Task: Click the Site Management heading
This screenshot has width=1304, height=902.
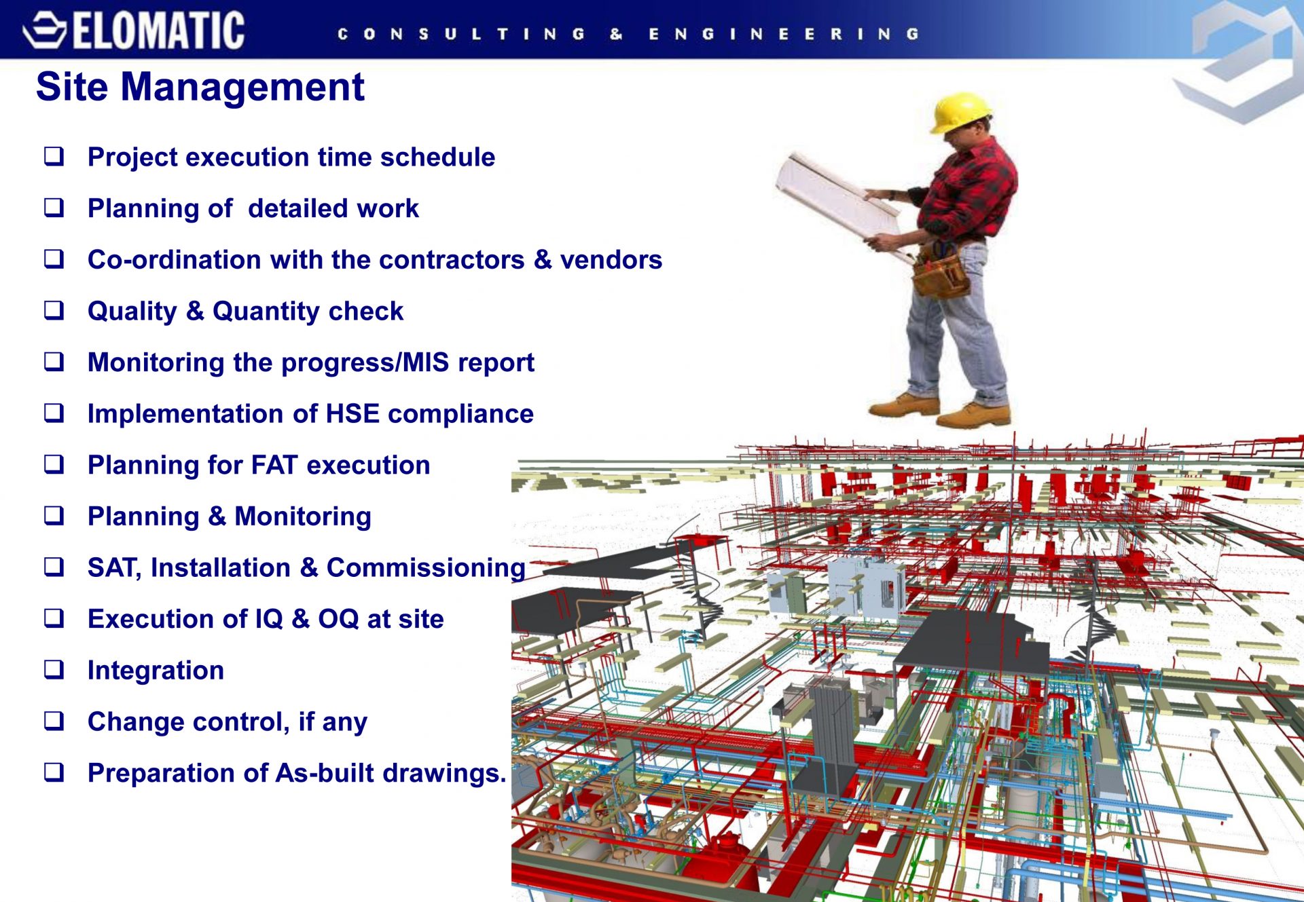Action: (200, 87)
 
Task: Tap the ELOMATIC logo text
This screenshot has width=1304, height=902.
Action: (158, 31)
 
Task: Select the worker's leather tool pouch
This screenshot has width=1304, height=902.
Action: (940, 271)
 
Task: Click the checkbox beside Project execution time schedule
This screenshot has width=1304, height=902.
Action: (54, 156)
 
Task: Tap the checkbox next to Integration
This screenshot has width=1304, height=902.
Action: (54, 669)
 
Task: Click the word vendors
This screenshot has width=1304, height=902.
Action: (611, 260)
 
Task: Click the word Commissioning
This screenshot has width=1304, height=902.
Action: (426, 568)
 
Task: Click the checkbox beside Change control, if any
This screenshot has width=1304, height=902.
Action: (54, 721)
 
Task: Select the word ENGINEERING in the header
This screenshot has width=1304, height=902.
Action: (784, 34)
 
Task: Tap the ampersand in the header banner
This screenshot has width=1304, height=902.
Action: (616, 34)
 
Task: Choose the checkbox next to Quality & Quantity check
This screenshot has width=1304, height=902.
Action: (54, 310)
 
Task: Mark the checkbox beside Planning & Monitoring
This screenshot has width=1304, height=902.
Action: (54, 516)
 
